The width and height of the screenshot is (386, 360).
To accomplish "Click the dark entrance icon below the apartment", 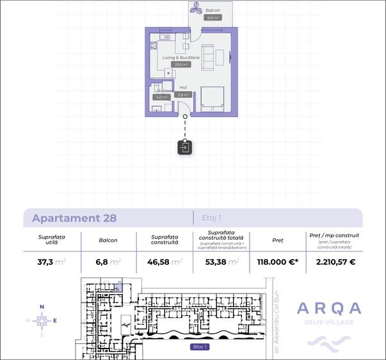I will (184, 148).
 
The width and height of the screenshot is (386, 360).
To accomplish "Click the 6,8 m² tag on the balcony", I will (213, 18).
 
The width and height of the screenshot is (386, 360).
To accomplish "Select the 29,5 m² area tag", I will (181, 65).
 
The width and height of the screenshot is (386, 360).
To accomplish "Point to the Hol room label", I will (183, 87).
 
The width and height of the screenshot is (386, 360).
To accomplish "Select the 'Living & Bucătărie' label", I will (181, 58).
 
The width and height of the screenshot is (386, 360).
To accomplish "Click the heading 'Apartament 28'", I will (74, 217).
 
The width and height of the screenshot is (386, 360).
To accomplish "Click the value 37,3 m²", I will (52, 261).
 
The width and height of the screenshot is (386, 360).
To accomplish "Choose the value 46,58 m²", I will (165, 261).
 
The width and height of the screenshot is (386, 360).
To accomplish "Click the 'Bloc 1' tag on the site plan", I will (200, 347).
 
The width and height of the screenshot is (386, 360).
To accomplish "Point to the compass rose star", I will (42, 320).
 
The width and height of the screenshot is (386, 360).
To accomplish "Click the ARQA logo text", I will (329, 309).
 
